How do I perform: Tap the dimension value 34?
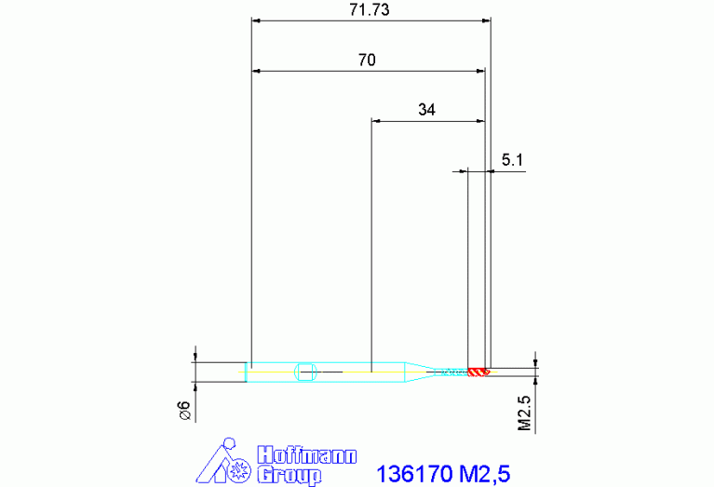coord(426,110)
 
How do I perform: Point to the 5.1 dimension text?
coord(512,160)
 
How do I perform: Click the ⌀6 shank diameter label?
coord(184,411)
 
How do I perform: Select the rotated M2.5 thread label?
coord(524,413)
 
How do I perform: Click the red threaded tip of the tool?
coord(478,372)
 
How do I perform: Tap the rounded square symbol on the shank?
coord(305,372)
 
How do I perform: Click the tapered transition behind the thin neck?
coord(415,372)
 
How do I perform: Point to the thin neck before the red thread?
coord(447,372)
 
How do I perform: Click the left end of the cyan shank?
coord(249,372)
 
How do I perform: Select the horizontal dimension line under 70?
coord(369,71)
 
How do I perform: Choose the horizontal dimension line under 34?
coord(427,120)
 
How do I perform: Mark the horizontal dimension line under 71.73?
coord(370,20)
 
